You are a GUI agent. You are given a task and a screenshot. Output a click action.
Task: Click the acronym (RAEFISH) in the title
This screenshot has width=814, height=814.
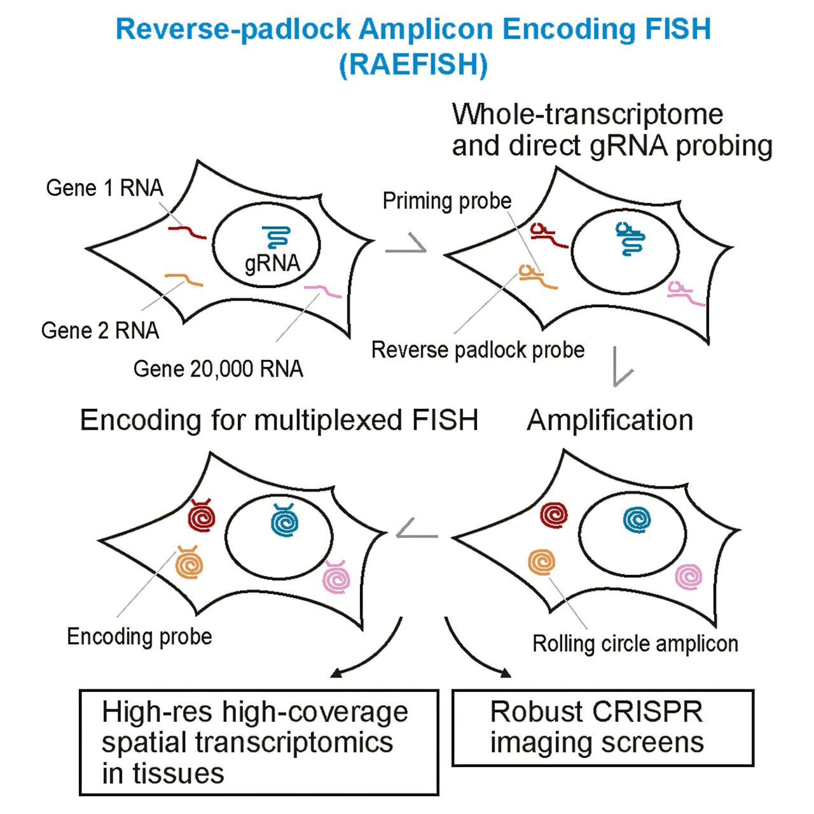point(413,64)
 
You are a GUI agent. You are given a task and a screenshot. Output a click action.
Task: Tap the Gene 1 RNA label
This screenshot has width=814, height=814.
point(105,188)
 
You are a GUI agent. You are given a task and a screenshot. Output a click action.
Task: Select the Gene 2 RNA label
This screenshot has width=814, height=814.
point(100,331)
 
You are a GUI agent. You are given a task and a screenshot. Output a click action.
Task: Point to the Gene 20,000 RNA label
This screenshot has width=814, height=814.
point(218,369)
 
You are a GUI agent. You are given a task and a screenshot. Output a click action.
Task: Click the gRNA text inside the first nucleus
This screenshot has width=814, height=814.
point(272,263)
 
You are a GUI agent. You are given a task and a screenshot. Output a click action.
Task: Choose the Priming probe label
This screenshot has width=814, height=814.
point(447,201)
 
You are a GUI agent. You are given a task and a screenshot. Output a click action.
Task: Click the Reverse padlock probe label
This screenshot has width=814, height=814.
point(478,350)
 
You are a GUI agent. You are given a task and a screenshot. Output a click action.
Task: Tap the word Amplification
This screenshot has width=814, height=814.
point(610,420)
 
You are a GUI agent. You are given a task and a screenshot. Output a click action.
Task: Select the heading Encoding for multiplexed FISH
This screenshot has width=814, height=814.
point(279,420)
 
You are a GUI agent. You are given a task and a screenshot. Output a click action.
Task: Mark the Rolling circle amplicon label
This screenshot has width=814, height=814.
point(635,644)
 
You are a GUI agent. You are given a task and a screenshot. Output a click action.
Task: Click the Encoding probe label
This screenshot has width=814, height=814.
point(139,637)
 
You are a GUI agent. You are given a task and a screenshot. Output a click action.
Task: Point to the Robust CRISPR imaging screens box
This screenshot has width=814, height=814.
point(602,728)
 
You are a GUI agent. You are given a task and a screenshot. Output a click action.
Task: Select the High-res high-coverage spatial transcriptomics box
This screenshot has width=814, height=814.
point(259,742)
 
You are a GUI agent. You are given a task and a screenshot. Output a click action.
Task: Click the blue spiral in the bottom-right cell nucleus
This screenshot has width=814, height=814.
point(637,520)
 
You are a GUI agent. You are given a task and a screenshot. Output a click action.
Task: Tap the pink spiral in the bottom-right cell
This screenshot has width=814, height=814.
point(689,576)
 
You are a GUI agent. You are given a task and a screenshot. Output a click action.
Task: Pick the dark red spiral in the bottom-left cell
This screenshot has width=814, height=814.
point(203,517)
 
